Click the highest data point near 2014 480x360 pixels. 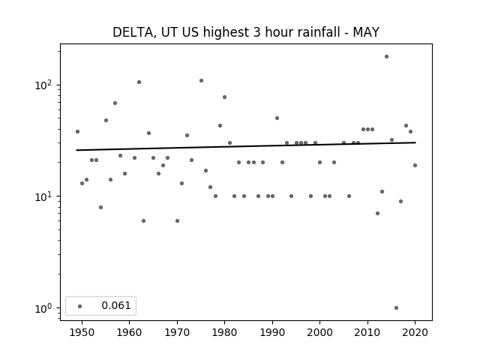[387, 57]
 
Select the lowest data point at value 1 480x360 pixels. [397, 308]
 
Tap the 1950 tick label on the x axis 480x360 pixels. [82, 332]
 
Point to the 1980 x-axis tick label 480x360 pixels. [224, 332]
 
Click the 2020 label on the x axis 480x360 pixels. [415, 332]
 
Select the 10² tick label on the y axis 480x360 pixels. [45, 85]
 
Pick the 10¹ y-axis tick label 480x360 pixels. [45, 196]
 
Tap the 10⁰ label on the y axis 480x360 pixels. [45, 308]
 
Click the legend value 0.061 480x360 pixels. [116, 305]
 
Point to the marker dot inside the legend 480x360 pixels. [80, 306]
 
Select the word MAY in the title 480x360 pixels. [366, 32]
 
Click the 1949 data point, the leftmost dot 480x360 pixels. [77, 132]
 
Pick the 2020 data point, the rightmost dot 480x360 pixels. [415, 165]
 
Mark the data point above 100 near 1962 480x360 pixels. [139, 82]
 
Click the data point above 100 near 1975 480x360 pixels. [201, 81]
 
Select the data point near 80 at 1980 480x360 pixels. [224, 97]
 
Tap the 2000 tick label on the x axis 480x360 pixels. [319, 332]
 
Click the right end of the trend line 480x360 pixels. [415, 142]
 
